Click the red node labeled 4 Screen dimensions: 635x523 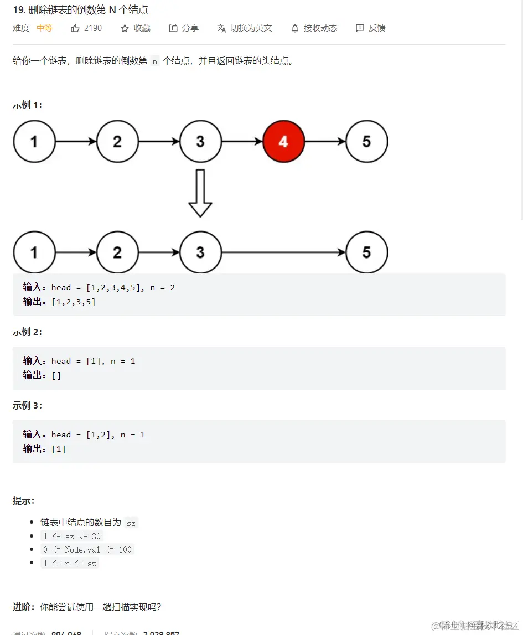[x=283, y=142]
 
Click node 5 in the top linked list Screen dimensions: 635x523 [x=366, y=142]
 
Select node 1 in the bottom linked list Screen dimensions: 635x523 [x=34, y=252]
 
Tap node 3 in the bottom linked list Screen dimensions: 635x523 [x=200, y=252]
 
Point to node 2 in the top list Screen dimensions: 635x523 [x=117, y=142]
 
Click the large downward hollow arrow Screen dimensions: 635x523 [x=200, y=193]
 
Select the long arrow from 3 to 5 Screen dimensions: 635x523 [x=283, y=252]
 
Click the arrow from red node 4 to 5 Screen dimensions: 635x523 [x=325, y=142]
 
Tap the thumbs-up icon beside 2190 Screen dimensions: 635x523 [x=75, y=28]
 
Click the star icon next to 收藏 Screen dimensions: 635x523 [x=125, y=28]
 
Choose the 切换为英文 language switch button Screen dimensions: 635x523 [x=245, y=28]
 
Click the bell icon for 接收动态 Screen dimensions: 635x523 [x=295, y=28]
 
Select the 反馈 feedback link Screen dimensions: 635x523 [x=371, y=28]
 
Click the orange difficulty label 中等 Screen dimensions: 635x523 [x=44, y=28]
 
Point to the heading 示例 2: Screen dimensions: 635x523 [x=28, y=332]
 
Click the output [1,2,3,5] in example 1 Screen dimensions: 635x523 [x=73, y=302]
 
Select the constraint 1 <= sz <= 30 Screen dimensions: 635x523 [x=72, y=536]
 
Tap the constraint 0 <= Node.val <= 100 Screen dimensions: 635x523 [x=87, y=550]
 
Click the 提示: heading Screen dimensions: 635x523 [x=24, y=501]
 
